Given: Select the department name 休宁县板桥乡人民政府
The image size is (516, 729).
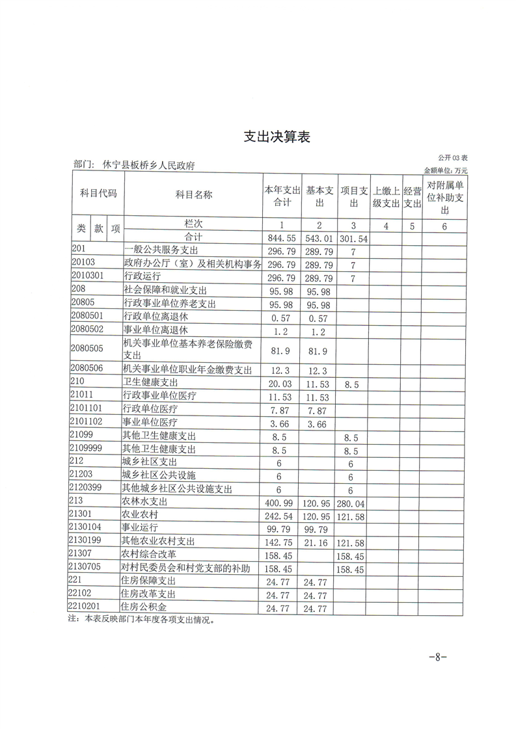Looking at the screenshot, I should coord(149,166).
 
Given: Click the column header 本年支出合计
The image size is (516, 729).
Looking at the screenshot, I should coord(282,196).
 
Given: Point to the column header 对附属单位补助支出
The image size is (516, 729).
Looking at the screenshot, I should coord(445,197).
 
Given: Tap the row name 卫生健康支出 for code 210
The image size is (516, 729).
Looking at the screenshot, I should coord(150,383).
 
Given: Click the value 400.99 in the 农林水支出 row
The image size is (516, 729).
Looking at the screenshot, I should coord(282,503).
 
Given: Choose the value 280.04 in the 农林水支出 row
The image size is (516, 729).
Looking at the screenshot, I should coord(353,503).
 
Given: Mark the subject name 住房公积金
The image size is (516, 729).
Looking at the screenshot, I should coord(144,608).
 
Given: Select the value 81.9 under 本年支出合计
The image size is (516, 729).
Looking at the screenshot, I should coord(282,351).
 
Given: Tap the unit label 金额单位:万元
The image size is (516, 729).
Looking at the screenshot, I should coord(446,170).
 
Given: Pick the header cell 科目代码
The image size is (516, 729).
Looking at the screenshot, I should coord(98,194).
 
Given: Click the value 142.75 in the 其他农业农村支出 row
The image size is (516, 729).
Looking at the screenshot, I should coord(282,541).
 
